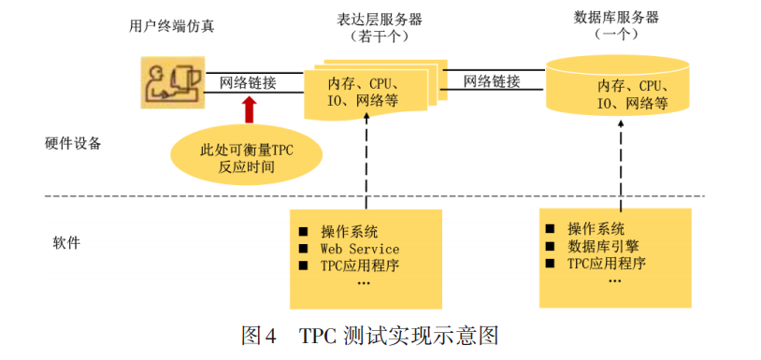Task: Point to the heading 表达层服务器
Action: tap(380, 19)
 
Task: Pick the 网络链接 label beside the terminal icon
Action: tap(248, 82)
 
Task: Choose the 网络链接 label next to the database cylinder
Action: tap(492, 81)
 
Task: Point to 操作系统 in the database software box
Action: tap(596, 229)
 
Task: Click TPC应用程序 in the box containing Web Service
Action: tap(359, 266)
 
